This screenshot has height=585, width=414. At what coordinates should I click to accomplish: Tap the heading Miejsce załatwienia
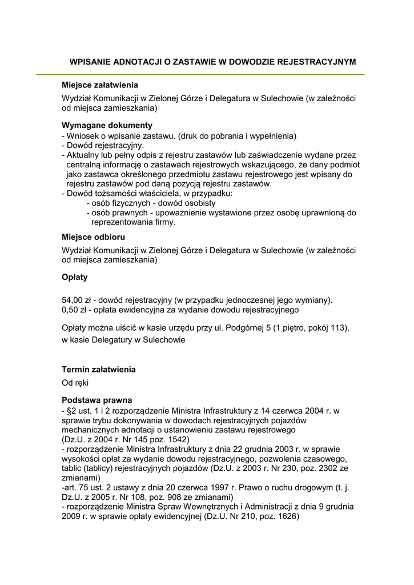(100, 85)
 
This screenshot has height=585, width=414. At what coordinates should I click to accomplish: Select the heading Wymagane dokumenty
(107, 125)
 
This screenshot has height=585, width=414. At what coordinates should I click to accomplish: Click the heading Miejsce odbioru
(93, 237)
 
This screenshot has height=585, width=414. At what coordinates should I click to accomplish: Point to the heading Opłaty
(74, 277)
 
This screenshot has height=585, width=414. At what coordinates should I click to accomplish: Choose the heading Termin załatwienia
(98, 370)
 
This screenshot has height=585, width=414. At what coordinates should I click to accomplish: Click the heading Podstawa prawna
(97, 400)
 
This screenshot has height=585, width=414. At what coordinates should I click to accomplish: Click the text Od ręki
(75, 382)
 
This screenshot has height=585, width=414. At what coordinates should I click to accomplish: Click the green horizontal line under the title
(200, 75)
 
